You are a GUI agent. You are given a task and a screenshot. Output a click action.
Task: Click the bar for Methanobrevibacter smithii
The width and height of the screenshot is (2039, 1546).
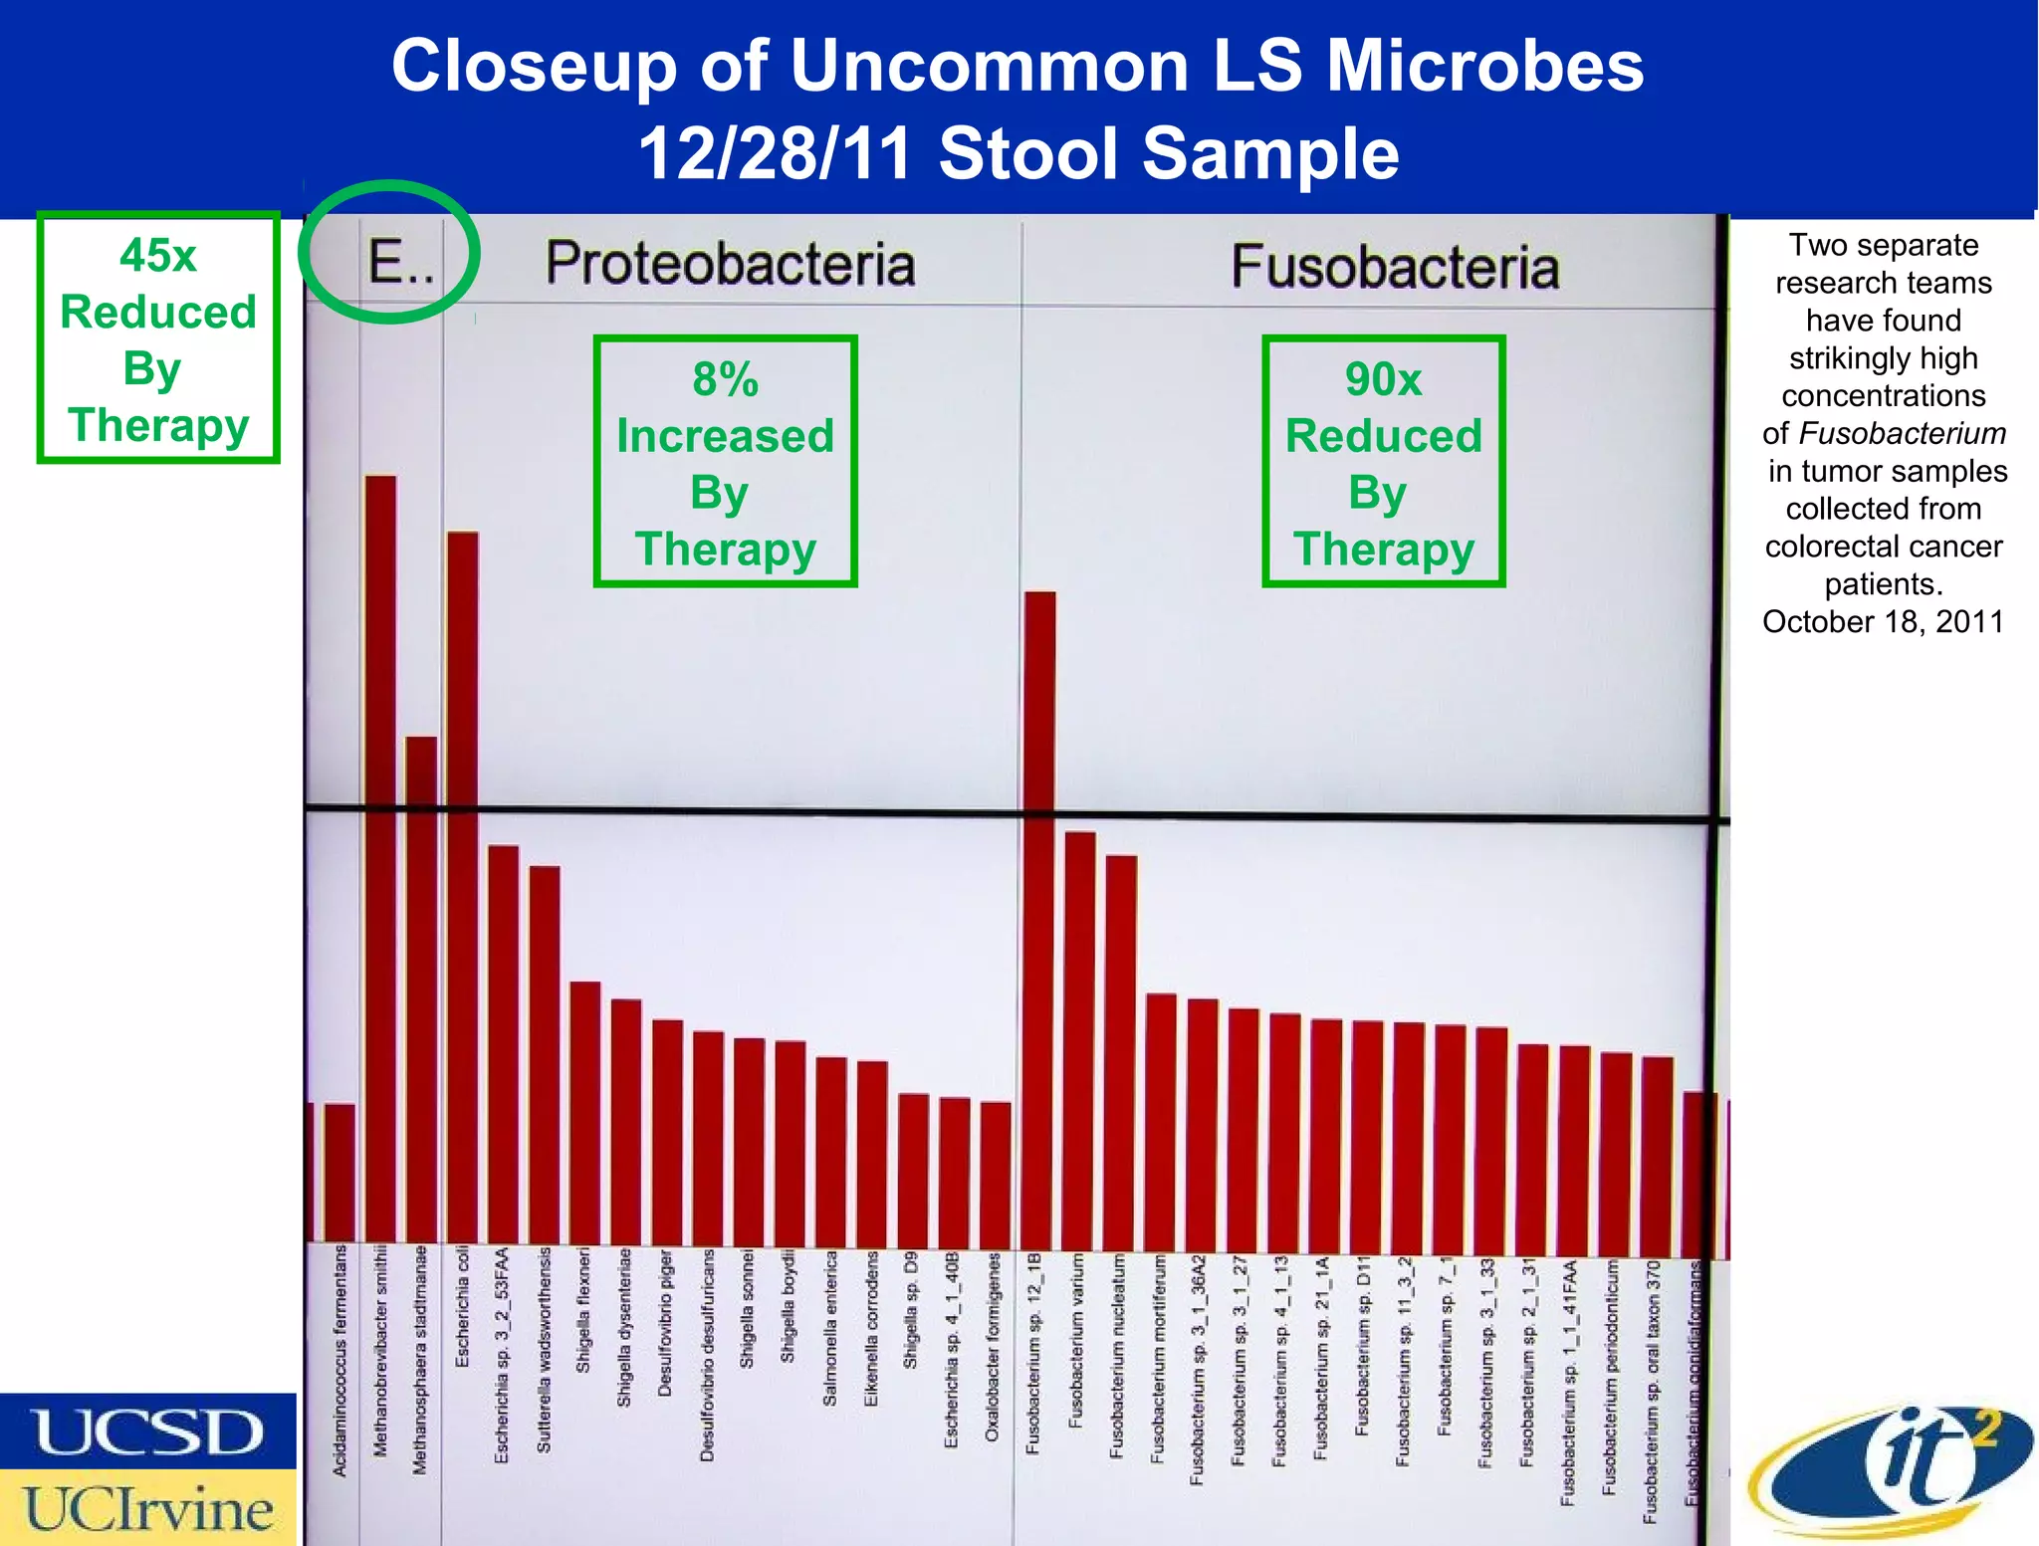[380, 856]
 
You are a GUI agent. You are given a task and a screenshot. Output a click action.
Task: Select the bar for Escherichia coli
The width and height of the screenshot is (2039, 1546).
[462, 886]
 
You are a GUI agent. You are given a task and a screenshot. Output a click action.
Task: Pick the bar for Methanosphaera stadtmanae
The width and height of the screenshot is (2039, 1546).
[421, 986]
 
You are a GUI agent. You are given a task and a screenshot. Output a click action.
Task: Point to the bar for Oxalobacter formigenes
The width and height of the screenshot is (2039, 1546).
[995, 1175]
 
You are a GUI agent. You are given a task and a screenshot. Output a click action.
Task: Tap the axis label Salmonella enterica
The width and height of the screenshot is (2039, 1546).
[829, 1329]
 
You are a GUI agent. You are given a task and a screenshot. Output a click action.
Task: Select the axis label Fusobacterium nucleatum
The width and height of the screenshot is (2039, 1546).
[1117, 1357]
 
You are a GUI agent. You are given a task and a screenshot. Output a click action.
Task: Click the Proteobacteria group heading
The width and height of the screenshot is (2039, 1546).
[730, 264]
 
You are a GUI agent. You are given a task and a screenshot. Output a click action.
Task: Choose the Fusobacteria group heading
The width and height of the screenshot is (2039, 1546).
[1395, 267]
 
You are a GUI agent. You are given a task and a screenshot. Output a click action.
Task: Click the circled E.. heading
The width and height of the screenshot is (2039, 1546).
[400, 263]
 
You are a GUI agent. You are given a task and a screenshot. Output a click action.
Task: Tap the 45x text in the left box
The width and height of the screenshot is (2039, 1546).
[157, 256]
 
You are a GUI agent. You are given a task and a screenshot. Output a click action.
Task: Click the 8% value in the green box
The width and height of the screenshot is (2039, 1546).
[725, 379]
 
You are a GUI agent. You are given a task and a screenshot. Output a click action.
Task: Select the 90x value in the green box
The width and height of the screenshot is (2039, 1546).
[1383, 379]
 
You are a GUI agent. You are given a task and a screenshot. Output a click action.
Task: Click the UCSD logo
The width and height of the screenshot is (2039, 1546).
[147, 1432]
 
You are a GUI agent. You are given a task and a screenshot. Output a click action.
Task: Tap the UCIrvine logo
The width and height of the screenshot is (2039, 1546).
[147, 1509]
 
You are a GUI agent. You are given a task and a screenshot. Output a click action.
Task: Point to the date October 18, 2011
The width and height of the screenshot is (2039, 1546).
[1883, 621]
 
